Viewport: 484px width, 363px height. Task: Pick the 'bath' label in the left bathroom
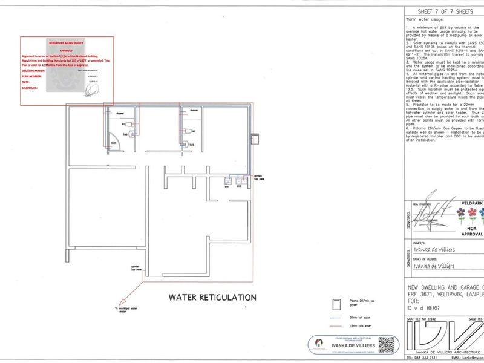point(113,143)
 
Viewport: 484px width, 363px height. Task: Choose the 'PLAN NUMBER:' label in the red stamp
point(34,76)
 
